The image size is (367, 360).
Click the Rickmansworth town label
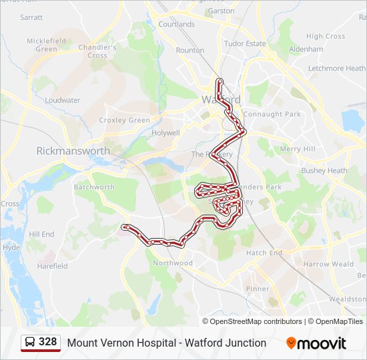pos(73,151)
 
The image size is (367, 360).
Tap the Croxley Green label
pos(125,121)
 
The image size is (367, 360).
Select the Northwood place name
pos(173,263)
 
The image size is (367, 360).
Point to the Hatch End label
pos(264,253)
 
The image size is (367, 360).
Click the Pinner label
pos(258,289)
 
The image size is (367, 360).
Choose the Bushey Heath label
pos(324,171)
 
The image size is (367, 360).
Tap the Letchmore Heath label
pos(336,68)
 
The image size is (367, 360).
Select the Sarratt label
pos(31,17)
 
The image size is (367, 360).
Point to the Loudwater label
pos(63,101)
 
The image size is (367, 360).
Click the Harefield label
pos(52,266)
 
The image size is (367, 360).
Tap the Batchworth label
pos(94,187)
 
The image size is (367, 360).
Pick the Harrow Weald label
pos(329,265)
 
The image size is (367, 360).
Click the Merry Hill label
pos(298,149)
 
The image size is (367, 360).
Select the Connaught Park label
pos(272,115)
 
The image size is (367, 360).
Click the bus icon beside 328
pos(30,343)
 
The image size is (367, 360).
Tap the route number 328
pos(48,343)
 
